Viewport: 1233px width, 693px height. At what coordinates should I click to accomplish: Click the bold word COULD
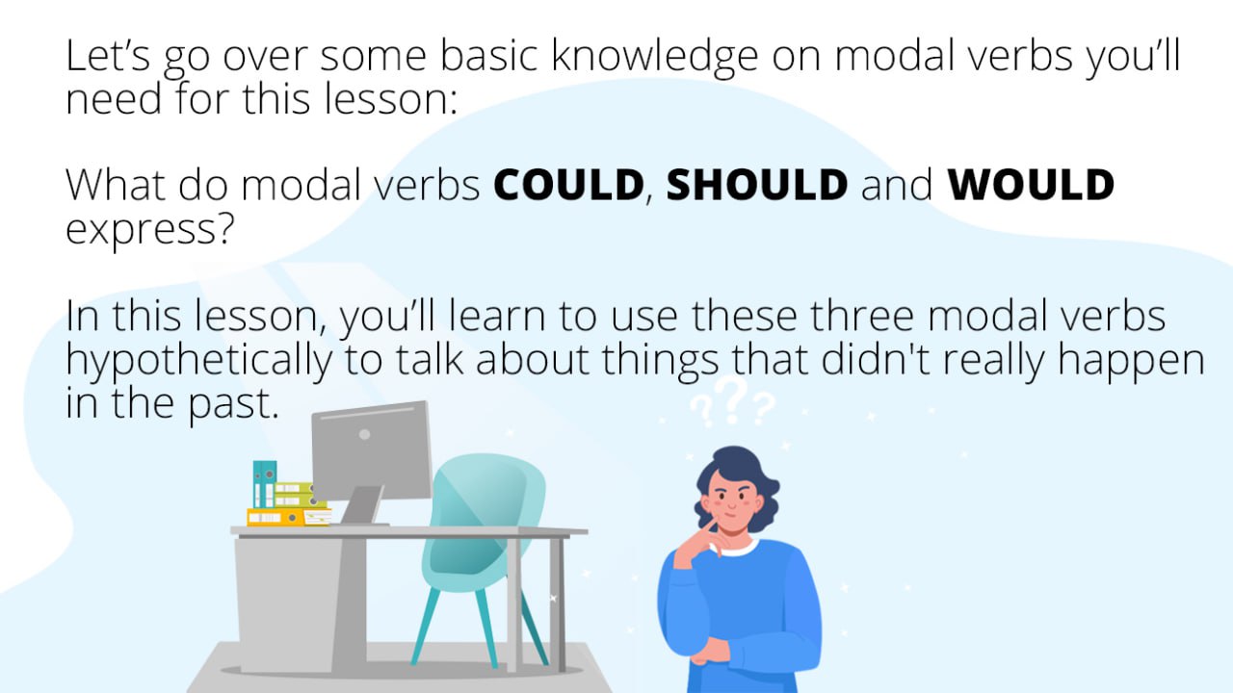(x=568, y=184)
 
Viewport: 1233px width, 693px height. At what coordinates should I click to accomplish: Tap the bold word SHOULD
(x=757, y=184)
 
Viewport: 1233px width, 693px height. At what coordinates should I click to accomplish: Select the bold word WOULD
(x=1031, y=184)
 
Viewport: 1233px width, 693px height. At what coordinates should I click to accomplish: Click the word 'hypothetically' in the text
(x=198, y=361)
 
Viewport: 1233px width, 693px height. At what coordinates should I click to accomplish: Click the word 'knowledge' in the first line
(x=655, y=57)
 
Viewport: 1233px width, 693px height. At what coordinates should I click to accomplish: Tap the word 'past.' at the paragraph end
(x=233, y=405)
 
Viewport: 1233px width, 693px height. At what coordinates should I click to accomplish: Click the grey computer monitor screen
(x=372, y=449)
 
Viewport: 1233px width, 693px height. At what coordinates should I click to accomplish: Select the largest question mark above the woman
(x=734, y=399)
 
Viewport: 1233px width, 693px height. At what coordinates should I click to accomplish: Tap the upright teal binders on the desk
(x=264, y=484)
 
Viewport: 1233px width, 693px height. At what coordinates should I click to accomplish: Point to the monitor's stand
(x=361, y=505)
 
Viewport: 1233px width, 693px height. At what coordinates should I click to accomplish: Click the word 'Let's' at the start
(x=108, y=55)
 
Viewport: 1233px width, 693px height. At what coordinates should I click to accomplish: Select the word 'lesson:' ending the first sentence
(x=390, y=99)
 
